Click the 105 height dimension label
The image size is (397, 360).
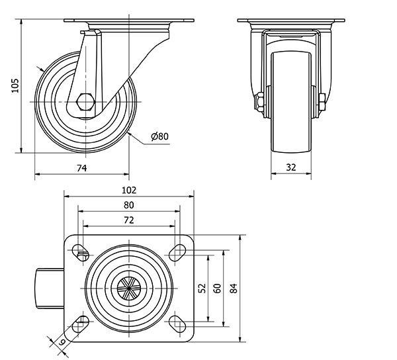15,85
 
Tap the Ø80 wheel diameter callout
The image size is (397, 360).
159,136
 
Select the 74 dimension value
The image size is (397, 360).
82,168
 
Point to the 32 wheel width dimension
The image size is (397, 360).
291,167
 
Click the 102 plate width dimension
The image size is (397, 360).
129,190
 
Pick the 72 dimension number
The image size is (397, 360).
129,220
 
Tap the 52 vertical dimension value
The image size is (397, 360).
202,289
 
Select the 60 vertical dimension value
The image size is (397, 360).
217,289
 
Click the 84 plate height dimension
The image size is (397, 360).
234,289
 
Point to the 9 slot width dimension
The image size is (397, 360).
62,342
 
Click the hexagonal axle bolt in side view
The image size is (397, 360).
86,102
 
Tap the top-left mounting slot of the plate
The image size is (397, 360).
81,252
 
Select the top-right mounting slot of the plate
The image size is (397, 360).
177,252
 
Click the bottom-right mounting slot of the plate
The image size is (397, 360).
177,324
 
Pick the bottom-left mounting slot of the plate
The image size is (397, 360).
81,324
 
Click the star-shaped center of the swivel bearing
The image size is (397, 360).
129,289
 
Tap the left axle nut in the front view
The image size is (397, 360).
260,103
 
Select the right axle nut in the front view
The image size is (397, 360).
322,102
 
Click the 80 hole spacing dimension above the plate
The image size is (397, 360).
129,205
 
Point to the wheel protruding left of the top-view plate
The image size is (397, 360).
50,289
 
